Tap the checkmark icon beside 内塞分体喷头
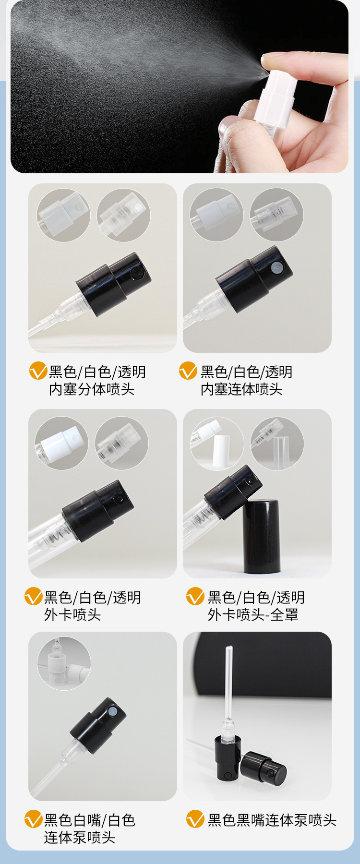click(x=38, y=371)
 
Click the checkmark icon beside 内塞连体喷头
click(x=188, y=371)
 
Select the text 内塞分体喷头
click(x=91, y=389)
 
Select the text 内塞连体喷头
click(x=241, y=389)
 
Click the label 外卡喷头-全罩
click(x=253, y=615)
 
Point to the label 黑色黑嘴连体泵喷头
click(x=272, y=820)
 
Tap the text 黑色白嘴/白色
click(x=90, y=820)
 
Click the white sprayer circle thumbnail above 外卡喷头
click(x=61, y=443)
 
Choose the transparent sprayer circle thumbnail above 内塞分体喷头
click(x=123, y=215)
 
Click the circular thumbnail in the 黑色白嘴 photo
click(x=64, y=664)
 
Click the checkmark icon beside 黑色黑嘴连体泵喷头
click(x=195, y=819)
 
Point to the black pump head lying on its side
click(x=264, y=767)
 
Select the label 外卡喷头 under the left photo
click(x=72, y=615)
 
